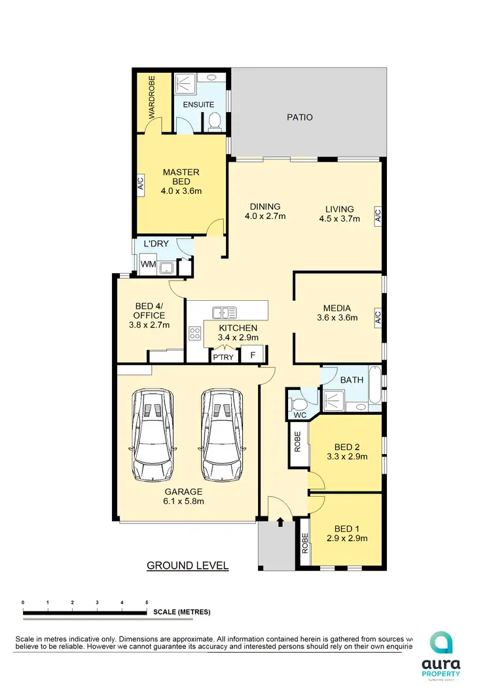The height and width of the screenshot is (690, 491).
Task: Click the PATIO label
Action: (x=300, y=118)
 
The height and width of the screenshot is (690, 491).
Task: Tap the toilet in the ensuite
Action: (x=214, y=122)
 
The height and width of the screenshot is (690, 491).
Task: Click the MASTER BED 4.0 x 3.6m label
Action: (x=181, y=182)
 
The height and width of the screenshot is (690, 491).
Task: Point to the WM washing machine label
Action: (x=148, y=265)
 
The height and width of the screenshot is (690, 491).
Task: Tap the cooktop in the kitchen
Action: (x=195, y=333)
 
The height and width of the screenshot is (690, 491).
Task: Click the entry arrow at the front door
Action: (x=280, y=522)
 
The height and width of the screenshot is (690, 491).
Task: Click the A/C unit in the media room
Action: (x=378, y=318)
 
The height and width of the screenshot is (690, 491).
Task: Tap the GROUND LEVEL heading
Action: (x=187, y=565)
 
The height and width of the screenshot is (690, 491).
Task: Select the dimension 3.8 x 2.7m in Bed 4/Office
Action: (x=149, y=324)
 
